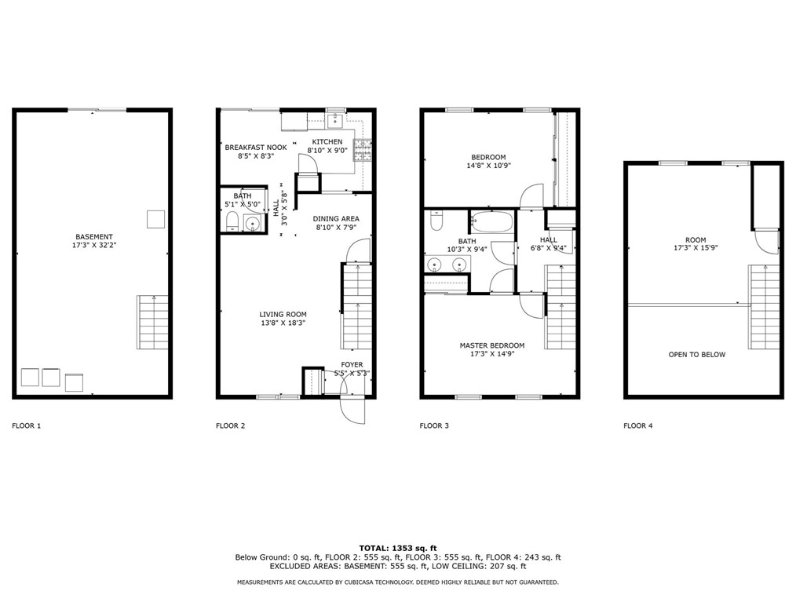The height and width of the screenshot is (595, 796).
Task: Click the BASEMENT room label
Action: click(94, 237)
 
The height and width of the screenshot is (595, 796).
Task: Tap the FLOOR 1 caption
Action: click(26, 426)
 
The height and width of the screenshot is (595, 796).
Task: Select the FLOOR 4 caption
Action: click(637, 426)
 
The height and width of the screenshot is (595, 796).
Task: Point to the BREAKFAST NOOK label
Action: click(256, 148)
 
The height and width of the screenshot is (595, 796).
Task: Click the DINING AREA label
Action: click(336, 219)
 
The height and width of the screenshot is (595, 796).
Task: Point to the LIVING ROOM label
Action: click(283, 315)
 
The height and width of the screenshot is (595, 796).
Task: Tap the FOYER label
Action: click(351, 365)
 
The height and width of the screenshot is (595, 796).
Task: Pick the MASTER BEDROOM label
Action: click(492, 345)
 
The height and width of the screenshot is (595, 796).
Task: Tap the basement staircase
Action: click(152, 322)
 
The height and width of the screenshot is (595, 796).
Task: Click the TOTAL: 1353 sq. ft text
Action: click(398, 548)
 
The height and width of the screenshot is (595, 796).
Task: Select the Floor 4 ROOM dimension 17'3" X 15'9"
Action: click(696, 250)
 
